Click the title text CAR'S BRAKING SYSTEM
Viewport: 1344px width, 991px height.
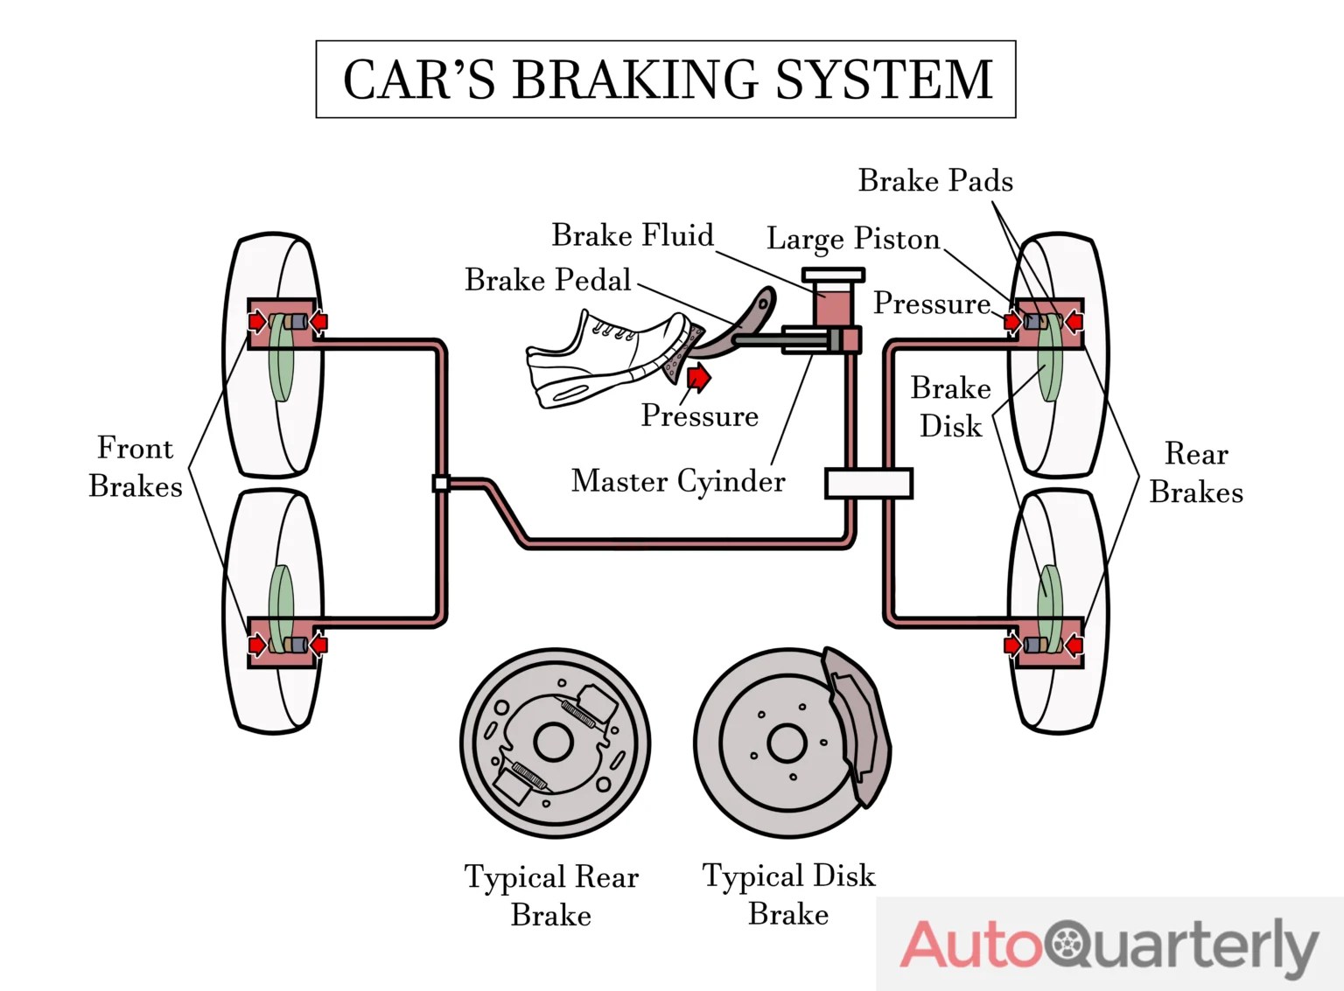(x=667, y=80)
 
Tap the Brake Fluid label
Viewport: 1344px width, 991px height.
(x=632, y=235)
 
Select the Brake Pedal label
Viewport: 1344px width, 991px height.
(x=548, y=280)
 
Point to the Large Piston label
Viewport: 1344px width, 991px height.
(x=853, y=239)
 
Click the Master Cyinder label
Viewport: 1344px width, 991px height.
(x=678, y=481)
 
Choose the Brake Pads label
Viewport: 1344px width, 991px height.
(x=935, y=181)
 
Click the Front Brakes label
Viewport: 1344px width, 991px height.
(x=136, y=467)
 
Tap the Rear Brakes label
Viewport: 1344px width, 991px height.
(x=1196, y=473)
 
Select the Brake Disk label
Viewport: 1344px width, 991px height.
(x=950, y=407)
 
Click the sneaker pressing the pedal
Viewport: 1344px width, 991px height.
(x=604, y=359)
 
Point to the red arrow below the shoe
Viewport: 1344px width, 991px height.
(x=699, y=378)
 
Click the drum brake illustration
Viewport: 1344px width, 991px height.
(x=555, y=743)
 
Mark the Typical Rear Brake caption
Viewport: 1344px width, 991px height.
(x=551, y=896)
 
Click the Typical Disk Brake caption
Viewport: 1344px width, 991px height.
(x=788, y=895)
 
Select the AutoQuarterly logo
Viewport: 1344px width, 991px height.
(x=1109, y=945)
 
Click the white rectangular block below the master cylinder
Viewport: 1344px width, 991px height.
(x=868, y=483)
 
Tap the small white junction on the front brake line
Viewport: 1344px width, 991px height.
(x=441, y=483)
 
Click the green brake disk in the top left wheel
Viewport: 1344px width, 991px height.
(x=280, y=359)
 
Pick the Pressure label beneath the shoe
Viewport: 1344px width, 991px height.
(x=699, y=415)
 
